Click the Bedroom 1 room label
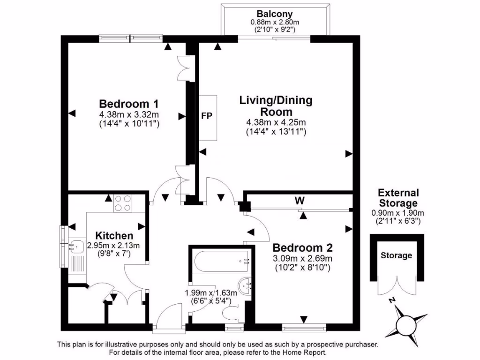129,104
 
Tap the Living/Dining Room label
276,106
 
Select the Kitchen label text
114,235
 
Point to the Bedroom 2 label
302,247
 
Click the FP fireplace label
206,116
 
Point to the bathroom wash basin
245,284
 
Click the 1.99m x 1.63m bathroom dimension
211,292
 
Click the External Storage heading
398,198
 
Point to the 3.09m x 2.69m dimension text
302,258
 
